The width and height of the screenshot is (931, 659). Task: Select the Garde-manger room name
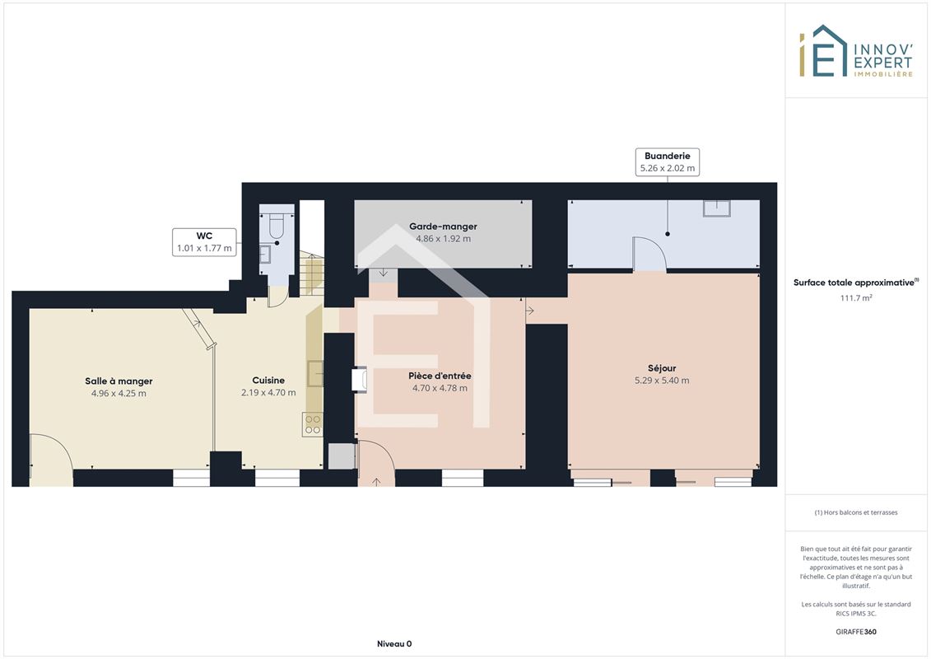point(443,227)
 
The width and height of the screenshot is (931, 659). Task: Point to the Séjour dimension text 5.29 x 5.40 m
point(662,381)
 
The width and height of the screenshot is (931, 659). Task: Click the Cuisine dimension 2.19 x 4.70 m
point(268,393)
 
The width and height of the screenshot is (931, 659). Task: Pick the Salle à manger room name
point(119,381)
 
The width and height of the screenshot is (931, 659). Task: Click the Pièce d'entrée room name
point(440,376)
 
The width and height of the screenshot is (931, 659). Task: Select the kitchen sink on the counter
point(315,374)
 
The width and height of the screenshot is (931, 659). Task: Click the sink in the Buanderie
point(717,208)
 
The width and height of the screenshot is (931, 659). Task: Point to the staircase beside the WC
point(312,274)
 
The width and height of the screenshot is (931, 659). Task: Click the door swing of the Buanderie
point(649,255)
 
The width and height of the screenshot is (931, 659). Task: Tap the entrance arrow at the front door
point(376,482)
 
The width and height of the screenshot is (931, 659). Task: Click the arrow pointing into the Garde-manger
point(384,273)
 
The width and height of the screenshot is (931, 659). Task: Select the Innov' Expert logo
point(855,51)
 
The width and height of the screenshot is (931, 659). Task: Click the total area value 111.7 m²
point(856,297)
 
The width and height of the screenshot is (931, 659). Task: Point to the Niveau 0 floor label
point(394,643)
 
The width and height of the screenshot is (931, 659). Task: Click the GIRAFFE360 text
point(856,632)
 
